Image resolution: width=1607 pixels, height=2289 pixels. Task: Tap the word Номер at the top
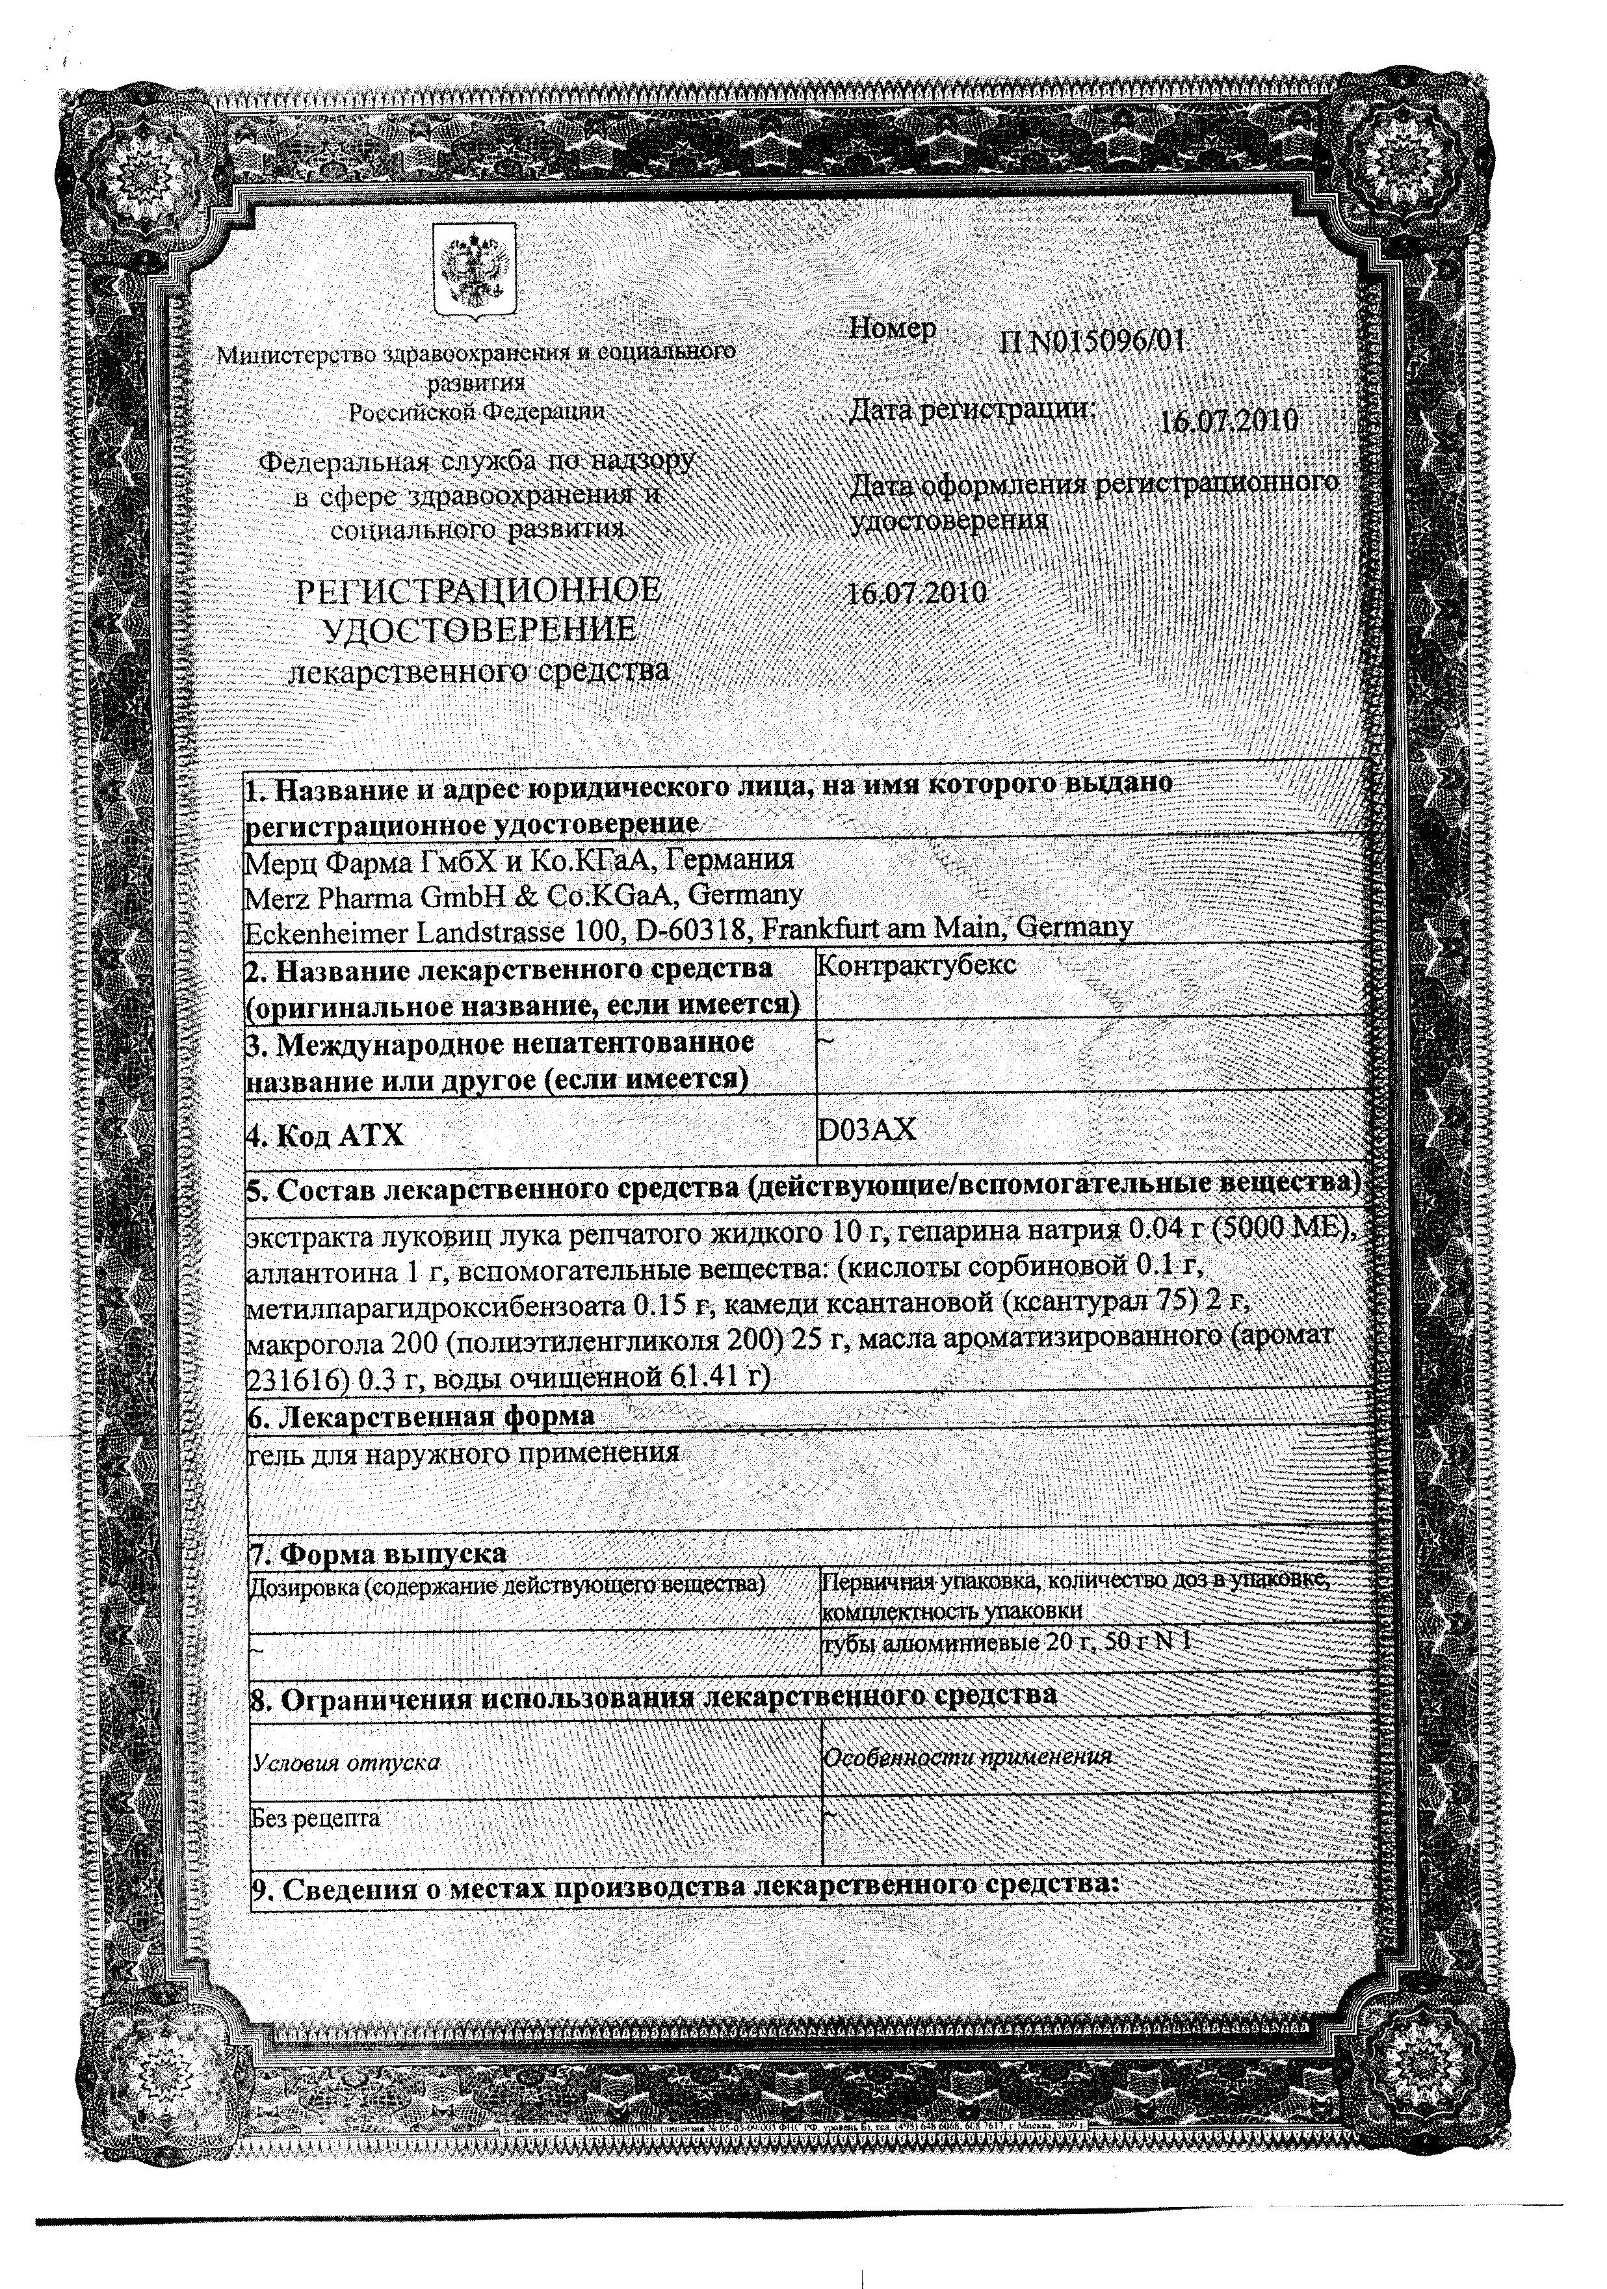tap(892, 329)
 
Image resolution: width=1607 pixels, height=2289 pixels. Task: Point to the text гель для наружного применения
tap(464, 1453)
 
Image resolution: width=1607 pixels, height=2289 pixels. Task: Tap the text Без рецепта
tap(315, 1818)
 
